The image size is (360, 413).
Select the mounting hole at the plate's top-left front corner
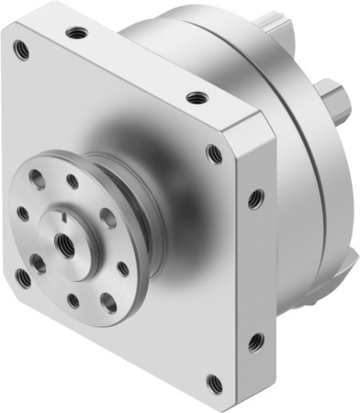point(21,51)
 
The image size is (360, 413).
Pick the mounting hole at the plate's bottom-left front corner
point(22,274)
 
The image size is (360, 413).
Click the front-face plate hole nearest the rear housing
point(215,153)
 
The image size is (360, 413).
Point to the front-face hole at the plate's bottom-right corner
point(215,382)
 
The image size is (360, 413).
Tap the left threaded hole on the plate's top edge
point(77,33)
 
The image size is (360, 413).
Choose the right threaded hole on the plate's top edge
point(197,96)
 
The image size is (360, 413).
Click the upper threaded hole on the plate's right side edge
point(256,197)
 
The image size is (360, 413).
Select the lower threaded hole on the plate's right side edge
point(256,342)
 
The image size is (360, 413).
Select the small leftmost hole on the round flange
point(22,213)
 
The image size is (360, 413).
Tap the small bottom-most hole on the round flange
point(74,299)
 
